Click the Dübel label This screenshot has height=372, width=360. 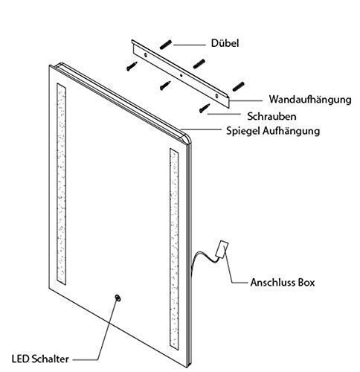coord(225,43)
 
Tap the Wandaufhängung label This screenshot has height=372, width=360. coord(310,100)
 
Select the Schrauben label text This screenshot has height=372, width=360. coord(271,116)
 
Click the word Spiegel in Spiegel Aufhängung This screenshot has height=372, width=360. coord(243,131)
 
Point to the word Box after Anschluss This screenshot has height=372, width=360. coord(306,283)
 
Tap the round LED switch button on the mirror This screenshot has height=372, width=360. coord(118,298)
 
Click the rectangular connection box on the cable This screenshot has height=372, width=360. coord(222,248)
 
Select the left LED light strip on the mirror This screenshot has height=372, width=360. coord(61,184)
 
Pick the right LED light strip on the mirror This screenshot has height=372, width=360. coord(174,248)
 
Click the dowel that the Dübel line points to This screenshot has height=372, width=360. coord(166,45)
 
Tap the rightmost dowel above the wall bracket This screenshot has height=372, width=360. coord(238,86)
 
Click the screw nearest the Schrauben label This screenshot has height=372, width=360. coord(205,108)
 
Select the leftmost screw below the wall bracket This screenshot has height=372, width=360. coord(132,66)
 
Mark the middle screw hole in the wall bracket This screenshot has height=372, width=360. coord(181,75)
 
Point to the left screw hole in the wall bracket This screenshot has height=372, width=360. coord(145,55)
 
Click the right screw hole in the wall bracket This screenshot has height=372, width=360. coord(216,96)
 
